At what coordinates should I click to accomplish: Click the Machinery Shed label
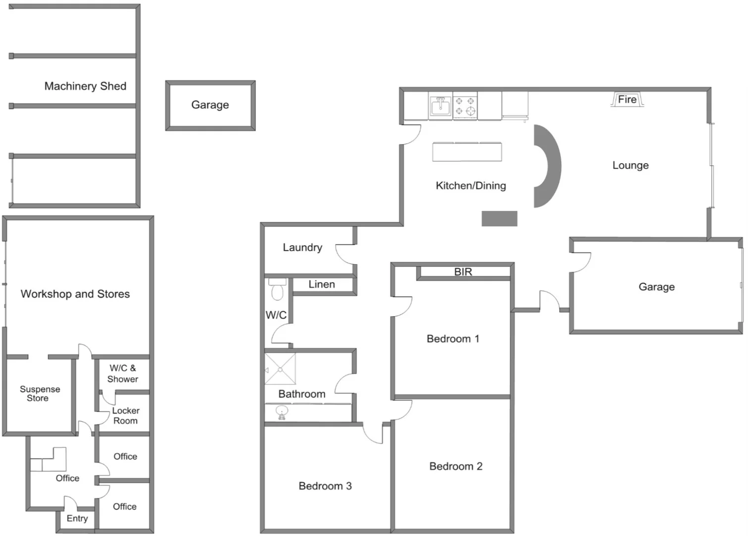[x=85, y=86]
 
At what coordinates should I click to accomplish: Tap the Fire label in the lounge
[x=627, y=99]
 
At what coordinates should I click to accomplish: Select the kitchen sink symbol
[x=440, y=106]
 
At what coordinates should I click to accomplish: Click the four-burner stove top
[x=465, y=106]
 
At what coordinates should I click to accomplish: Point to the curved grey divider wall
[x=549, y=166]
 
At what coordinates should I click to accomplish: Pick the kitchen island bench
[x=467, y=152]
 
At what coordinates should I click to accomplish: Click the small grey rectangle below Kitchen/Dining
[x=499, y=218]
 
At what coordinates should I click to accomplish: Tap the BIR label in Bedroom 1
[x=463, y=272]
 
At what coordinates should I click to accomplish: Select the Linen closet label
[x=322, y=284]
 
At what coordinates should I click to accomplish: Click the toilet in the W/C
[x=277, y=290]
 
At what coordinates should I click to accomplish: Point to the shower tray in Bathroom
[x=280, y=369]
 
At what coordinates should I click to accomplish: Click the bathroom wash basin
[x=282, y=412]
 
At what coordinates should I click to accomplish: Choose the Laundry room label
[x=302, y=247]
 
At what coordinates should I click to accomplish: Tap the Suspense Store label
[x=39, y=394]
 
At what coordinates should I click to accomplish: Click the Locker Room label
[x=125, y=416]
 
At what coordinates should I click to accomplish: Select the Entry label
[x=77, y=518]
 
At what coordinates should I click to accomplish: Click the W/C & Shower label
[x=122, y=373]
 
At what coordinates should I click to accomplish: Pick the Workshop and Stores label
[x=75, y=294]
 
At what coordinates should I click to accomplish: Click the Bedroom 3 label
[x=325, y=486]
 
